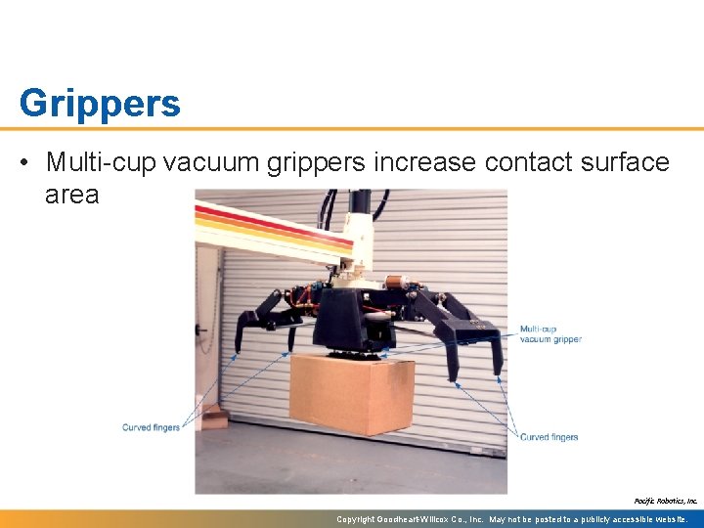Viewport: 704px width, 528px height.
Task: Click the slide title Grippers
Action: [100, 103]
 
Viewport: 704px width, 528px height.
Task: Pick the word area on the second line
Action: [71, 194]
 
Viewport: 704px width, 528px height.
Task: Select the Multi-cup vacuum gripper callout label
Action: [550, 333]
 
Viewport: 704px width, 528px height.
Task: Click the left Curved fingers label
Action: [151, 427]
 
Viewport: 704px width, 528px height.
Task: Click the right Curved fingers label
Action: [549, 437]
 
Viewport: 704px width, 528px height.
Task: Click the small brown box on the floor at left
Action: [210, 415]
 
